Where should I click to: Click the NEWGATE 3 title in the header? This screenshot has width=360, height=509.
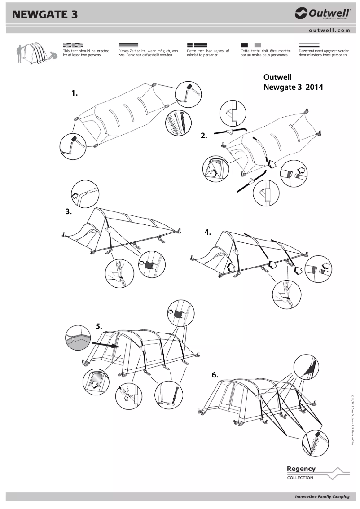click(x=45, y=14)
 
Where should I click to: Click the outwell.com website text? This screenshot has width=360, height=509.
click(x=329, y=31)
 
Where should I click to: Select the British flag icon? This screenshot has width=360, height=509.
click(x=73, y=45)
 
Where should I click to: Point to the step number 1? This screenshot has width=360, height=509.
click(x=75, y=93)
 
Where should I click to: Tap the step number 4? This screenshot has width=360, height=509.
click(x=208, y=232)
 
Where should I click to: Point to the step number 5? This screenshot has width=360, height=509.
click(x=99, y=326)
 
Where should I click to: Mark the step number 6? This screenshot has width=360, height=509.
click(x=215, y=375)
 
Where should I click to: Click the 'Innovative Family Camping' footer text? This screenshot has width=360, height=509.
click(x=322, y=497)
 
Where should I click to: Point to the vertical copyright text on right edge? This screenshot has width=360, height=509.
click(x=352, y=420)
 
